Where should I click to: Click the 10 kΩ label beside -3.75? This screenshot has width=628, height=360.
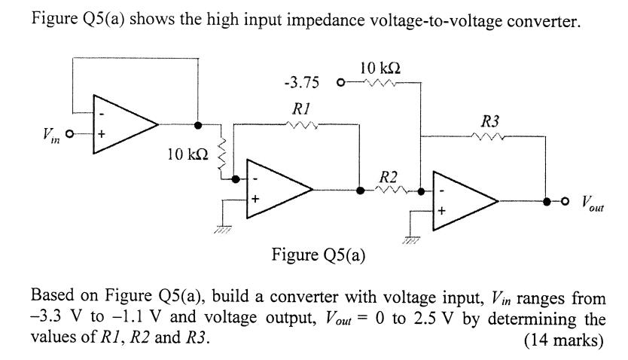click(x=380, y=69)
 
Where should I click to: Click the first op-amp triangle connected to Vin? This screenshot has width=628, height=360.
click(x=124, y=124)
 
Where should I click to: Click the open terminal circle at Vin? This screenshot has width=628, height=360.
click(x=69, y=135)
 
